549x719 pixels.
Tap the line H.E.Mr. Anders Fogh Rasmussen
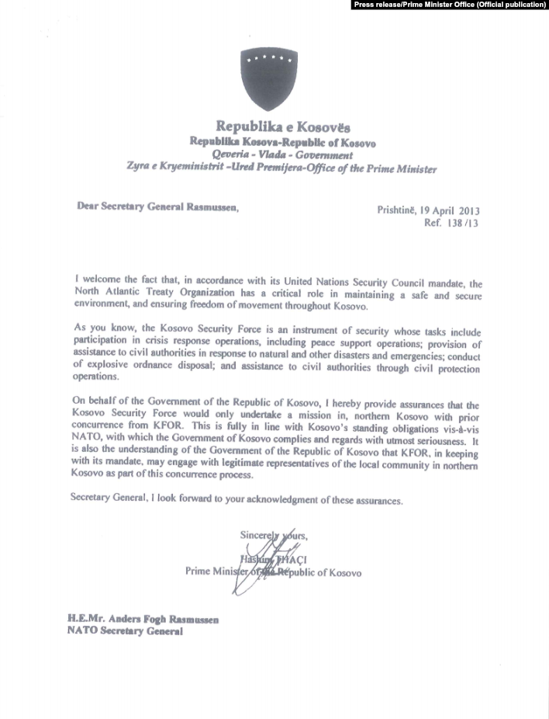click(143, 619)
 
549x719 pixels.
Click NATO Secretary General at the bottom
click(125, 631)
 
